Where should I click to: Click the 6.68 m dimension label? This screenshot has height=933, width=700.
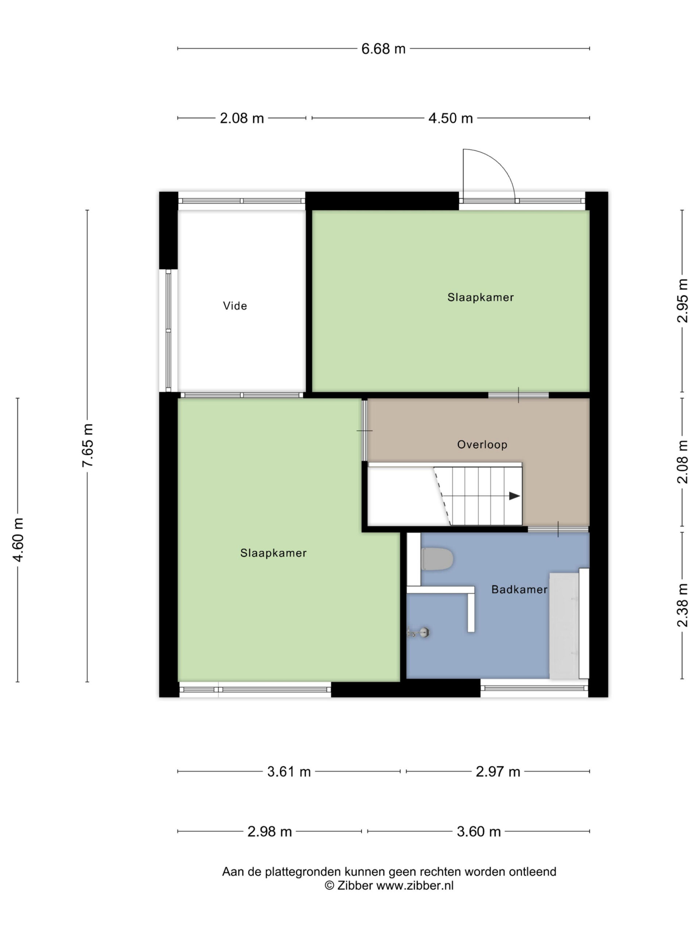coord(383,49)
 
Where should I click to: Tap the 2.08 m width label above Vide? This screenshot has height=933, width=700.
coord(242,118)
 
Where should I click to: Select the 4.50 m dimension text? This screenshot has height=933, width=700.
coord(450,118)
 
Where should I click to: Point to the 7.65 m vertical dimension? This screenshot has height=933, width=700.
coord(87,445)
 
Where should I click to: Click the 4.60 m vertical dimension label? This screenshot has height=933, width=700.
coord(18,539)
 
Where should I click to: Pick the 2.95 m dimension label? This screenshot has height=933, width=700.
coord(682,301)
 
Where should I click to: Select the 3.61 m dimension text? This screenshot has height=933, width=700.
coord(289,772)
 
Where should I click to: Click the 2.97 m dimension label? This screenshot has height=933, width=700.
coord(498,772)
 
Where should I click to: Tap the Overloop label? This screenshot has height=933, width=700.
coord(482,445)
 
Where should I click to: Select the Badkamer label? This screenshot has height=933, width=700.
coord(520,590)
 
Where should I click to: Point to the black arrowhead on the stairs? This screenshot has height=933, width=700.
coord(514,496)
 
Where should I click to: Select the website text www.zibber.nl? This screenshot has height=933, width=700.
coord(415,885)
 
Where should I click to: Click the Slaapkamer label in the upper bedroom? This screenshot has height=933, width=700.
coord(481,297)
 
